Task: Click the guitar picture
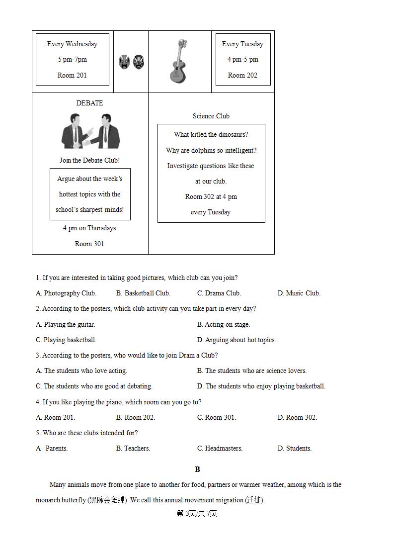click(x=179, y=61)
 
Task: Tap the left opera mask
click(x=124, y=62)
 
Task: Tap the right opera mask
click(x=139, y=62)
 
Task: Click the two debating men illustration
click(x=90, y=131)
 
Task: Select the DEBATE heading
click(x=89, y=103)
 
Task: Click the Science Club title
click(x=211, y=116)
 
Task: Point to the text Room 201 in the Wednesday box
click(x=72, y=75)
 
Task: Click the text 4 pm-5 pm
click(x=242, y=59)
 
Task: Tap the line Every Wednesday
click(x=72, y=44)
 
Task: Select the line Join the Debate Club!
click(x=89, y=160)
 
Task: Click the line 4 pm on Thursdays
click(x=89, y=228)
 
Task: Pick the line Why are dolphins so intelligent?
click(x=211, y=150)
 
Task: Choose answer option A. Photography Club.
click(x=66, y=293)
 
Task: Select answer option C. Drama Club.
click(x=219, y=293)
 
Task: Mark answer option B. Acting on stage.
click(x=224, y=324)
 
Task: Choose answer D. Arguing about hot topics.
click(x=236, y=340)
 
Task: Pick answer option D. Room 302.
click(x=297, y=417)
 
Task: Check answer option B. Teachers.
click(x=133, y=448)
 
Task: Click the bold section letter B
click(x=197, y=469)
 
